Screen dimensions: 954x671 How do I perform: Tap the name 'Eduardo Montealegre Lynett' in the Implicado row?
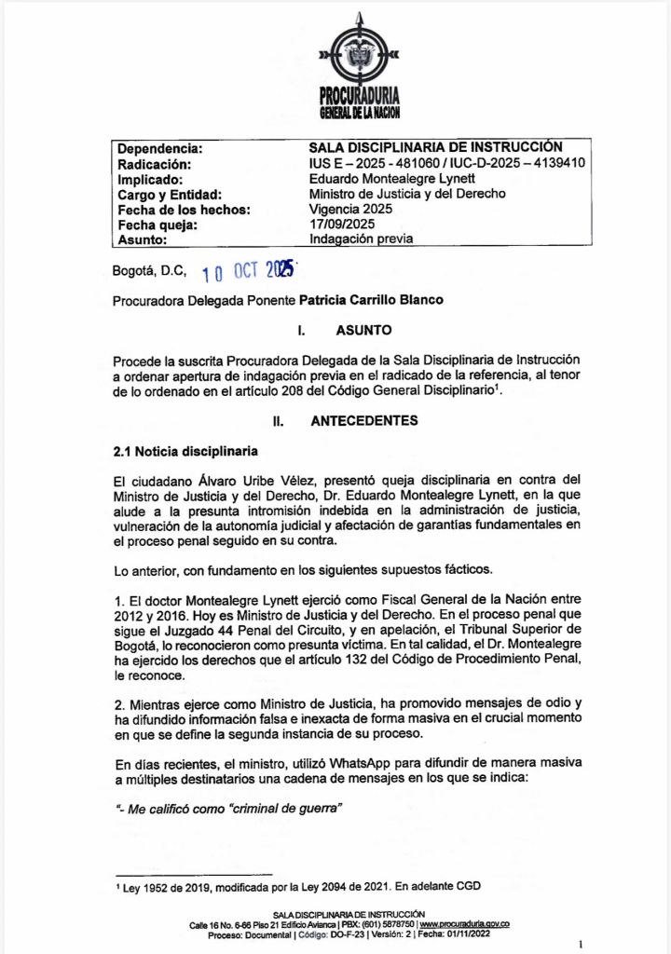point(392,178)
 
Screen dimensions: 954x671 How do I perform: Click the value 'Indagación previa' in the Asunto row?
point(362,238)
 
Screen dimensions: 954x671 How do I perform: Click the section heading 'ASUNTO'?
point(363,331)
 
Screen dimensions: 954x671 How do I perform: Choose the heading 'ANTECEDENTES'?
point(364,421)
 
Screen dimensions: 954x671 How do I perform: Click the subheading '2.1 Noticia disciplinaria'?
point(185,452)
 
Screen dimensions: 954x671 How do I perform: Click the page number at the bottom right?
point(581,944)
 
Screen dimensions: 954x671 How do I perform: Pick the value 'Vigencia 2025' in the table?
point(351,209)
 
